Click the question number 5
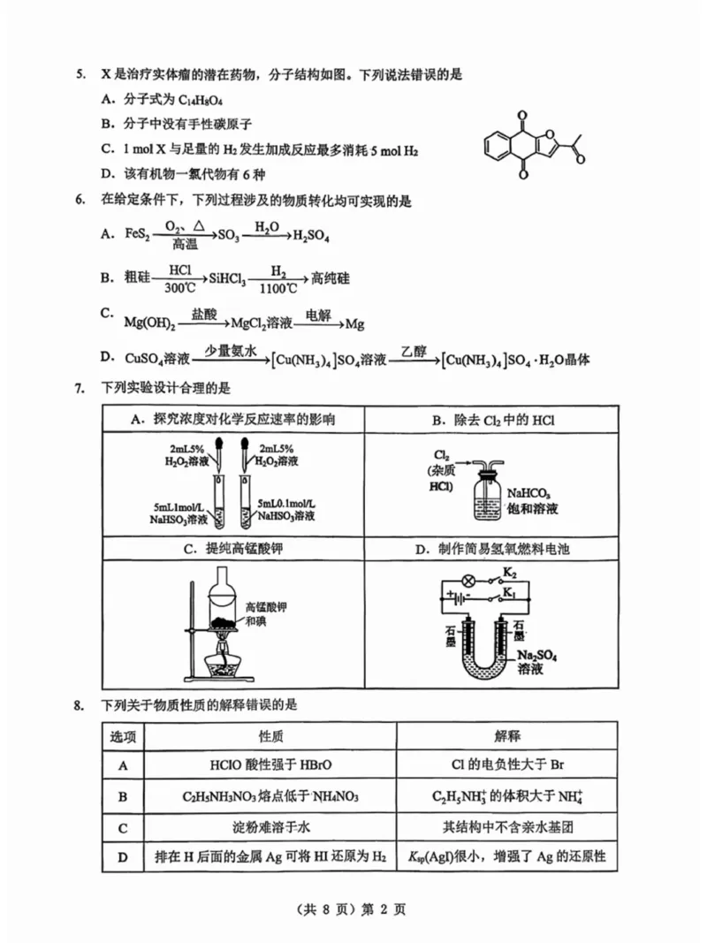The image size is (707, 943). click(x=80, y=75)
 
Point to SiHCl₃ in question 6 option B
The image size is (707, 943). click(x=227, y=278)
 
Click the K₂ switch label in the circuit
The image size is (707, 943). click(x=510, y=572)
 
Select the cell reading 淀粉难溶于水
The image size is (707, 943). click(x=269, y=827)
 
